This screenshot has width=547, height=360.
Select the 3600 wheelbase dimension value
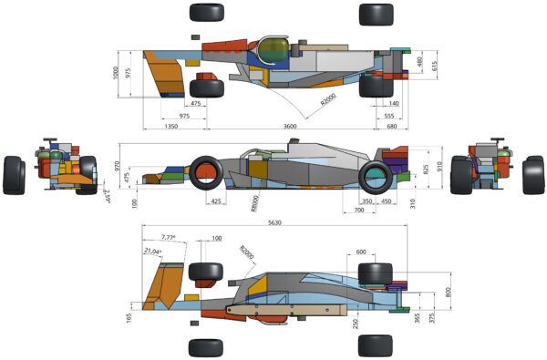click(290, 125)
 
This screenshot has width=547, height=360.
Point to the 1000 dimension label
click(117, 73)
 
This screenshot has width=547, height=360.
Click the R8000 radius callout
click(254, 202)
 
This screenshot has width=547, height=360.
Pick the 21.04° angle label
click(152, 251)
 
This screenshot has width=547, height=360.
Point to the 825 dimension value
click(426, 169)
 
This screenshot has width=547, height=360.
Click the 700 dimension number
click(359, 211)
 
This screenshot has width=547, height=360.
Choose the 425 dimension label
click(216, 201)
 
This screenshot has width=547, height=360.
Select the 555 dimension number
click(389, 116)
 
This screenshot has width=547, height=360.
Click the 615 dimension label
click(435, 66)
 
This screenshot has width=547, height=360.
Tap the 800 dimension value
click(448, 292)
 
